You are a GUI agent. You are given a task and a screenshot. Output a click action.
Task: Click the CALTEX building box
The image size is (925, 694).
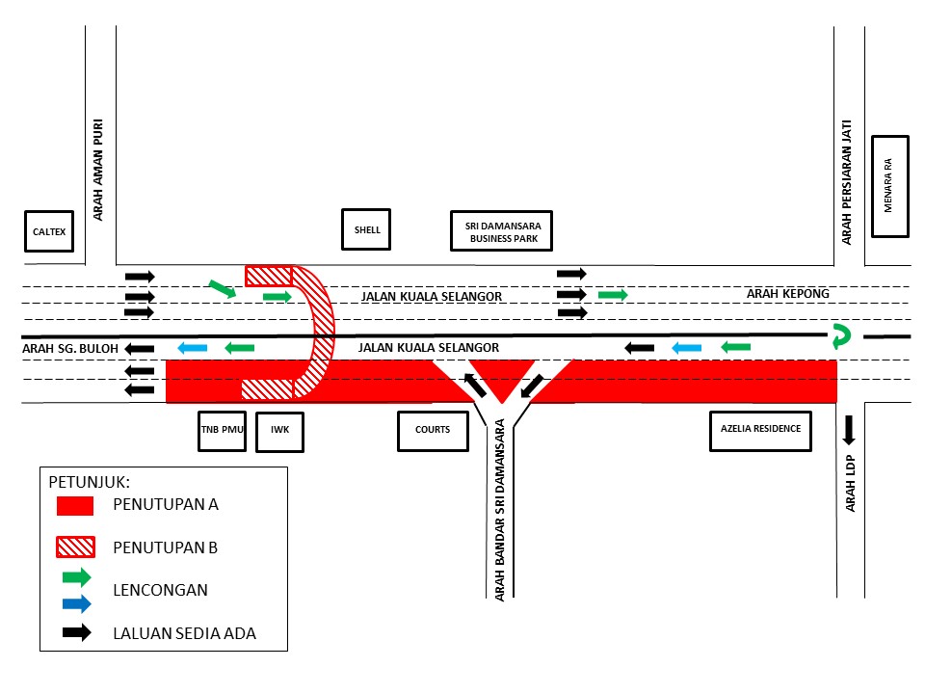point(49,230)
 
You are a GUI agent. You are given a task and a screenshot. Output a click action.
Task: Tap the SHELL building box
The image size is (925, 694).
point(366,229)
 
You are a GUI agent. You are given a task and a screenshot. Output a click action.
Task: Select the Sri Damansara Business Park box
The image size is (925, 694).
point(501,230)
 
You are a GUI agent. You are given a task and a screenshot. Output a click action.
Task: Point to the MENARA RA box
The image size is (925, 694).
point(890,186)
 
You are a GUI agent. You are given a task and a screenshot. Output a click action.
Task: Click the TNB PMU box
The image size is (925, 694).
point(222,431)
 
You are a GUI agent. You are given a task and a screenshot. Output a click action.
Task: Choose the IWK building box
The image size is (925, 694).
point(279,432)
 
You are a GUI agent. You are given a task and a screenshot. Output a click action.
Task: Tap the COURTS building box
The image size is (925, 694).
point(433,431)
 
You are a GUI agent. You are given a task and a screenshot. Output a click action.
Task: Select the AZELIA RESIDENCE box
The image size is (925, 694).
point(760,431)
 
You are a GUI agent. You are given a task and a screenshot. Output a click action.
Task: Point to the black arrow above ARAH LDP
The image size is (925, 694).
point(848,430)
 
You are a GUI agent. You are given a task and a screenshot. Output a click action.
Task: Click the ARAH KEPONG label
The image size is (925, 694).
point(787,293)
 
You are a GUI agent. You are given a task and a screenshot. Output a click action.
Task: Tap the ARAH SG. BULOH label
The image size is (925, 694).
point(70,349)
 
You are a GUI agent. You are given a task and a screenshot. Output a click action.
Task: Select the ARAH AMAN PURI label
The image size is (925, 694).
point(98,170)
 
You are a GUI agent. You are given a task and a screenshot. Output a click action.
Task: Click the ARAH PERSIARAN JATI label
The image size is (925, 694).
point(847,182)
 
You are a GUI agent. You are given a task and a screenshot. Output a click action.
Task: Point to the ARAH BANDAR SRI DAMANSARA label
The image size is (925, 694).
point(500,510)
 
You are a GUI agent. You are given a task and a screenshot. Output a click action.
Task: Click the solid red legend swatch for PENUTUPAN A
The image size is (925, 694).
point(75,506)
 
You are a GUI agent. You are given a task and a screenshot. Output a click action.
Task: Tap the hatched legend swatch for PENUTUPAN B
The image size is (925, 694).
point(75,547)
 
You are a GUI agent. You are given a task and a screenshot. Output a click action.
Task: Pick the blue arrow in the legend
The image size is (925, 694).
point(77,603)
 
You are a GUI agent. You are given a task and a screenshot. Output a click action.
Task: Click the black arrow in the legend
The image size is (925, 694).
point(77,632)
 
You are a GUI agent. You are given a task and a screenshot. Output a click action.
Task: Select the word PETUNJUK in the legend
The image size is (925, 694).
point(89,482)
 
